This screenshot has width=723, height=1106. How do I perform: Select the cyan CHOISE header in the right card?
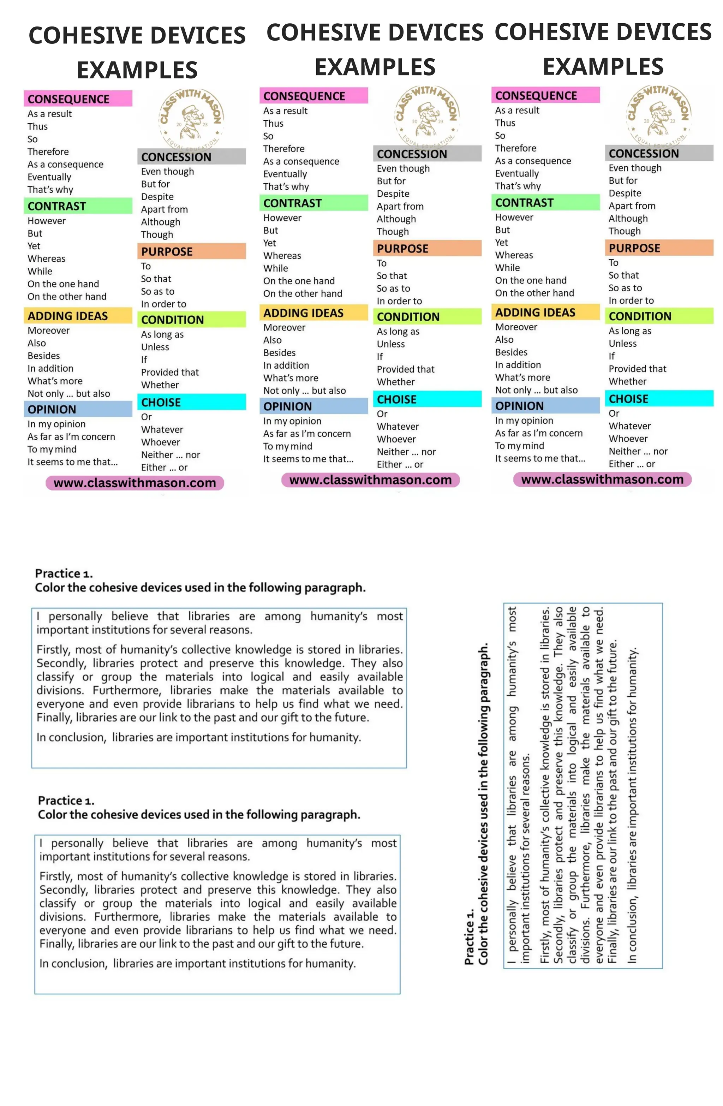tap(658, 399)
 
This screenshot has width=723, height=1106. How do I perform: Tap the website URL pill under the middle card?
tap(370, 480)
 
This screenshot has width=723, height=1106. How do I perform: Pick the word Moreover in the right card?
tap(516, 327)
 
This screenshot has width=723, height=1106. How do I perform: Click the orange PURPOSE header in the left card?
tap(191, 251)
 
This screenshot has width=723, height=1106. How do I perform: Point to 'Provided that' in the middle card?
tap(405, 369)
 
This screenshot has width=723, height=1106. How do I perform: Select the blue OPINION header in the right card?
tap(545, 406)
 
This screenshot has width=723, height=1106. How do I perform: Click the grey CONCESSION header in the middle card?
tap(426, 154)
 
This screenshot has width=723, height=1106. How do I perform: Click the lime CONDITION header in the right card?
tap(658, 316)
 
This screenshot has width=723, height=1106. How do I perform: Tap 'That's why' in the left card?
tap(50, 190)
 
